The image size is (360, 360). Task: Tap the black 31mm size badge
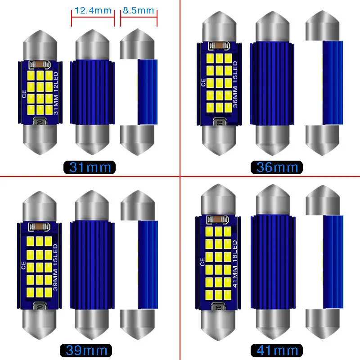coord(90,167)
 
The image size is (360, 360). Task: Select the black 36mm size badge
coord(277,167)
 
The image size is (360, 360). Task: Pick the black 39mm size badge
coord(85,350)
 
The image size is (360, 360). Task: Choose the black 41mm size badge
coord(277,350)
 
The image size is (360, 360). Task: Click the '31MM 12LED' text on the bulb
coord(56,93)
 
